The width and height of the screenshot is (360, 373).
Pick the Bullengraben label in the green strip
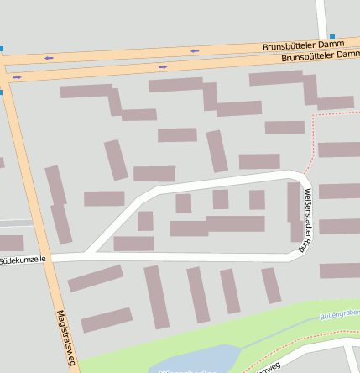[340, 315]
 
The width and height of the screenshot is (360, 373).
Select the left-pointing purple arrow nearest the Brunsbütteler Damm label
[195, 50]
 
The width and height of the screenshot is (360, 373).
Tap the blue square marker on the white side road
[332, 36]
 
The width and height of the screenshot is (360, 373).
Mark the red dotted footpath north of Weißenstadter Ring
[313, 143]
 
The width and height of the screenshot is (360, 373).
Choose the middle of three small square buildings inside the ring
[220, 199]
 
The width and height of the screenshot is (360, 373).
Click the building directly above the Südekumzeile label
[11, 244]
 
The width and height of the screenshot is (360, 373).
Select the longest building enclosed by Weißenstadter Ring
[235, 223]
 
